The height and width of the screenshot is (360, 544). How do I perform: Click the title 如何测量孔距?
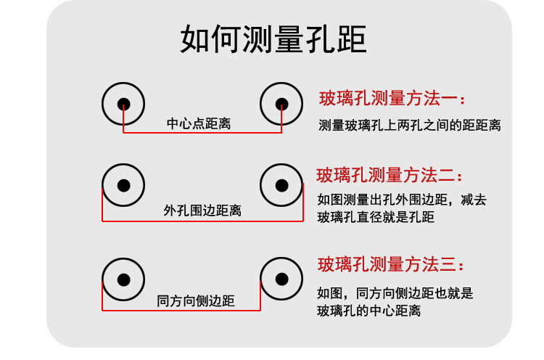(273, 41)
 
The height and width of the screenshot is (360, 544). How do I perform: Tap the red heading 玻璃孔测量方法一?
(392, 98)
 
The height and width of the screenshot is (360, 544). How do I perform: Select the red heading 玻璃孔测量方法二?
(390, 176)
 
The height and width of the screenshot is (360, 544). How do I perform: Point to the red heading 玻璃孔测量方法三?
(390, 264)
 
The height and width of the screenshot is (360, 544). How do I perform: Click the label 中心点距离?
(199, 123)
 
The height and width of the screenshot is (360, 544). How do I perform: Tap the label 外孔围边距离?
(202, 210)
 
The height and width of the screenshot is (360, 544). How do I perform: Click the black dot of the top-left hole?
(124, 102)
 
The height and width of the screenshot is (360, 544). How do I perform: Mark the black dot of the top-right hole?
(281, 102)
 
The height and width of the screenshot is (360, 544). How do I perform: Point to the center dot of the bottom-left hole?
(124, 278)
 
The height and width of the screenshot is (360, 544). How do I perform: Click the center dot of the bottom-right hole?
(281, 278)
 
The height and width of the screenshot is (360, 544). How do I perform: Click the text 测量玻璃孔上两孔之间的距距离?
(410, 125)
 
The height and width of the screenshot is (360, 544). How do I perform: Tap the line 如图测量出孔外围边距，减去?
(401, 198)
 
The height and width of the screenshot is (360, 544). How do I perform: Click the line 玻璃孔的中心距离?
(369, 311)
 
